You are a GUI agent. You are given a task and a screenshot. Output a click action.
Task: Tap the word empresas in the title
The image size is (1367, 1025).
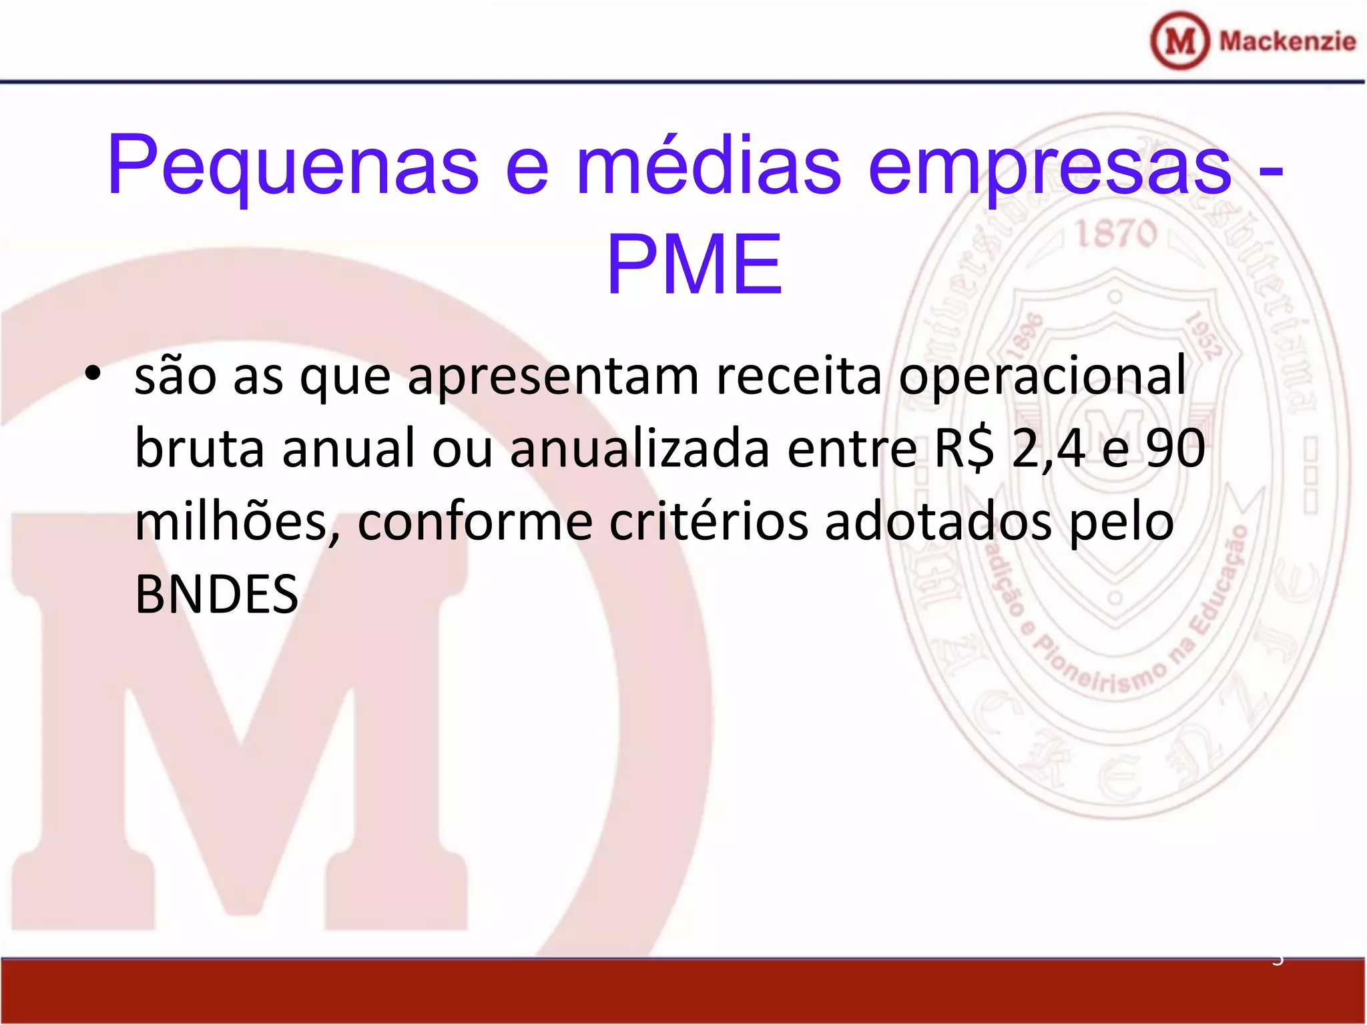click(x=1051, y=167)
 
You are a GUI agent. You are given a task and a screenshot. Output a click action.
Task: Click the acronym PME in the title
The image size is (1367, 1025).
click(x=694, y=264)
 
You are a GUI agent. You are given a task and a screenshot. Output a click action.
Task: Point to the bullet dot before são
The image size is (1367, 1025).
click(x=93, y=374)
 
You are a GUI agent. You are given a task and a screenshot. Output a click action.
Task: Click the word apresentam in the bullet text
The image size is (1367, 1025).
click(x=553, y=377)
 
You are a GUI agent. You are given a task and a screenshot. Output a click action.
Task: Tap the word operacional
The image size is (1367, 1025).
click(x=1042, y=377)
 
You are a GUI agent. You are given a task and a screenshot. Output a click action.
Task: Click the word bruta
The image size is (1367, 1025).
click(x=200, y=448)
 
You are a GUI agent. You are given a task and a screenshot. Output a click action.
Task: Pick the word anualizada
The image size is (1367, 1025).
click(x=640, y=448)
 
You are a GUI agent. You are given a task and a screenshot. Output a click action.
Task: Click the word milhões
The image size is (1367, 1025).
click(x=238, y=521)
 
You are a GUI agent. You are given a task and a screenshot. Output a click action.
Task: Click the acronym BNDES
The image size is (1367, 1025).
click(x=216, y=595)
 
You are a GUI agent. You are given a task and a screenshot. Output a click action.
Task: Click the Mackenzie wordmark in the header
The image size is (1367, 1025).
click(x=1288, y=41)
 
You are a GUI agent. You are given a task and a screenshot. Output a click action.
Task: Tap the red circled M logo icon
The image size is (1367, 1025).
click(x=1179, y=41)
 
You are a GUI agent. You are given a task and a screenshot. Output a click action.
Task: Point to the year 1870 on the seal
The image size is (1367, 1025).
click(x=1115, y=234)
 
